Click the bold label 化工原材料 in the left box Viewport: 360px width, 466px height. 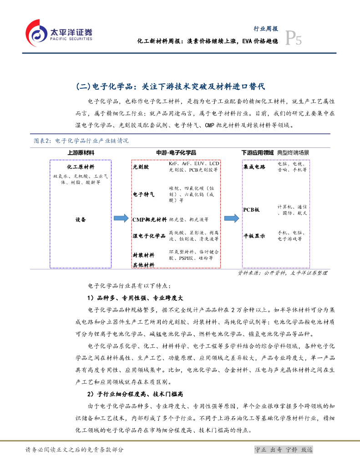pyautogui.click(x=81, y=167)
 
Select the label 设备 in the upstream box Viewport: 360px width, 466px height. pyautogui.click(x=81, y=219)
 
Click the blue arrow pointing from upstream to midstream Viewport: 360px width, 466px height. pyautogui.click(x=121, y=219)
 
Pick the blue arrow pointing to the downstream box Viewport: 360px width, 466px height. pyautogui.click(x=231, y=219)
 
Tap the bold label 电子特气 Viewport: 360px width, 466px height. pyautogui.click(x=143, y=194)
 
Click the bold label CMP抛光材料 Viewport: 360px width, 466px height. pyautogui.click(x=149, y=220)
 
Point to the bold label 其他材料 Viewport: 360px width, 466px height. pyautogui.click(x=143, y=265)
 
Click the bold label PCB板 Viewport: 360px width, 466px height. pyautogui.click(x=251, y=210)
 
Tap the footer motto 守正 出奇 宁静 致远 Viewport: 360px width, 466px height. pyautogui.click(x=284, y=450)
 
